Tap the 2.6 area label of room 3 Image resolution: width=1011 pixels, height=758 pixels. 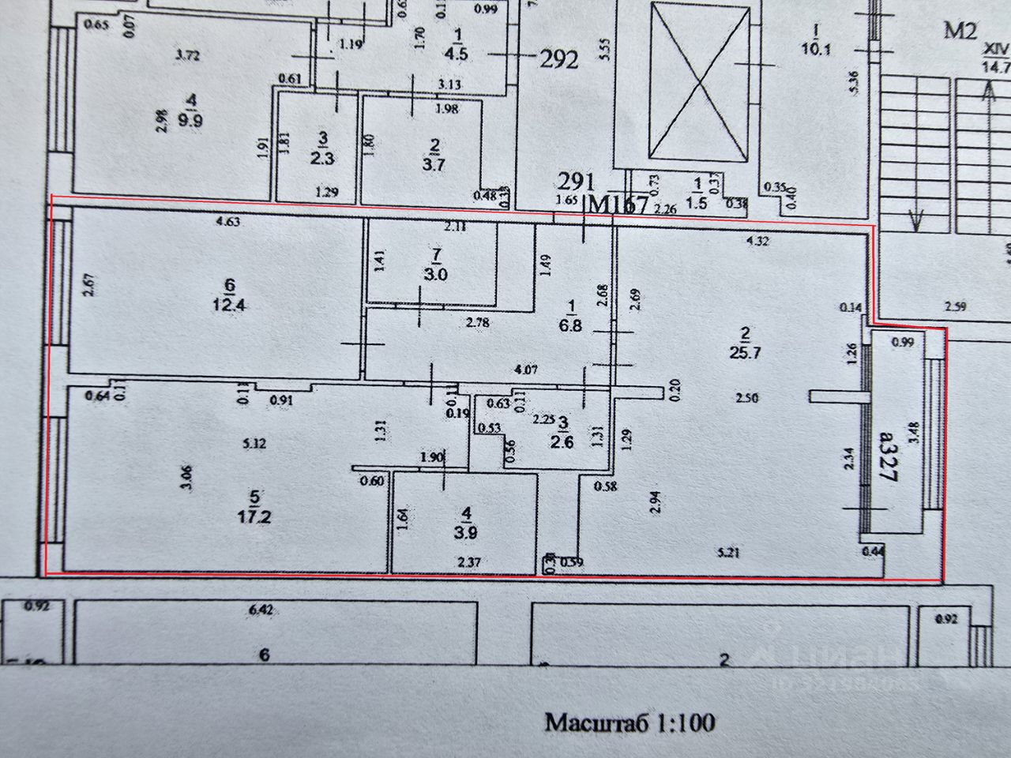pos(564,442)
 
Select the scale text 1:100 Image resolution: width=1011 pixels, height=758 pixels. pos(684,722)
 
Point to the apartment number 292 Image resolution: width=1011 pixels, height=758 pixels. pos(558,59)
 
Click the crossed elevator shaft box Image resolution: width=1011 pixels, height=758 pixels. pos(699,81)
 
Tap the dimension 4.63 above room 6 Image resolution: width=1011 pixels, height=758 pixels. pos(227,223)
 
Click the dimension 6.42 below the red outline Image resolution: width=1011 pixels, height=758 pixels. pos(259,610)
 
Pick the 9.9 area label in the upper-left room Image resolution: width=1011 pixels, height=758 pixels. pos(190,121)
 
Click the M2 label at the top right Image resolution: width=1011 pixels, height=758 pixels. pos(962,32)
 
